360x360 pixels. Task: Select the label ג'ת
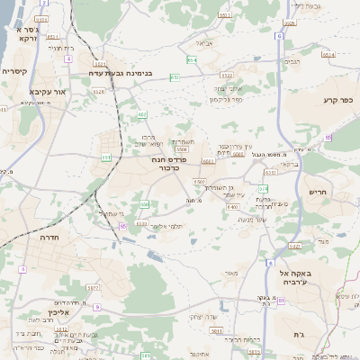pos(298,334)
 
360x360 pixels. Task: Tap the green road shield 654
pos(192,59)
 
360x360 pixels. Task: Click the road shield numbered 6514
pos(328,54)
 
